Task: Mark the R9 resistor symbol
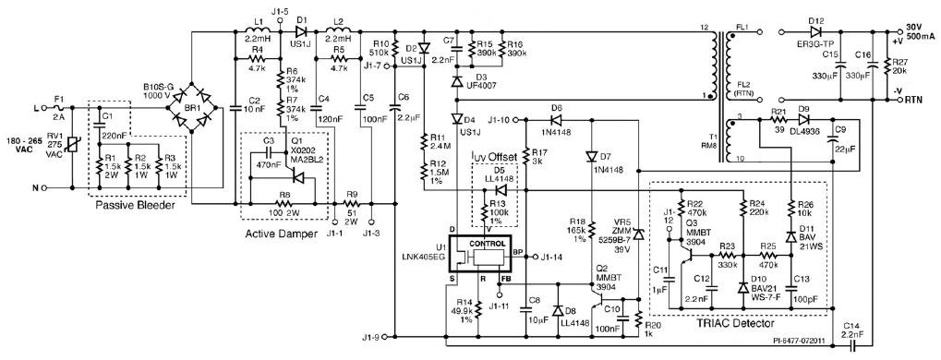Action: click(x=352, y=204)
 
